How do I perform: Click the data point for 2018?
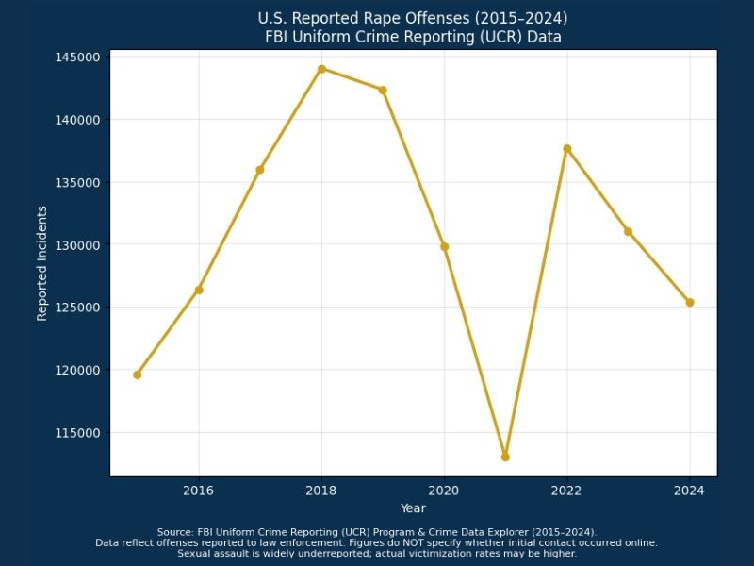coord(321,69)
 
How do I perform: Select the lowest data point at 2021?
coord(505,457)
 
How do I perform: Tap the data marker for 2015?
coord(137,375)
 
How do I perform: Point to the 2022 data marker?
coord(567,148)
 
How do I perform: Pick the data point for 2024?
coord(690,303)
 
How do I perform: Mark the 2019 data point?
coord(383,90)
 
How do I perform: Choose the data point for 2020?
coord(444,246)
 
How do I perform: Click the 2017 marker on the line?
coord(260,170)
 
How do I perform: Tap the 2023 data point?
coord(628,231)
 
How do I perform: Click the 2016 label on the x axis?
coord(198,491)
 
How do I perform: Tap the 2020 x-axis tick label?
coord(444,491)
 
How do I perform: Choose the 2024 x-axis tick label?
coord(690,491)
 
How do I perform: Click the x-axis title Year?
coord(413,508)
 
